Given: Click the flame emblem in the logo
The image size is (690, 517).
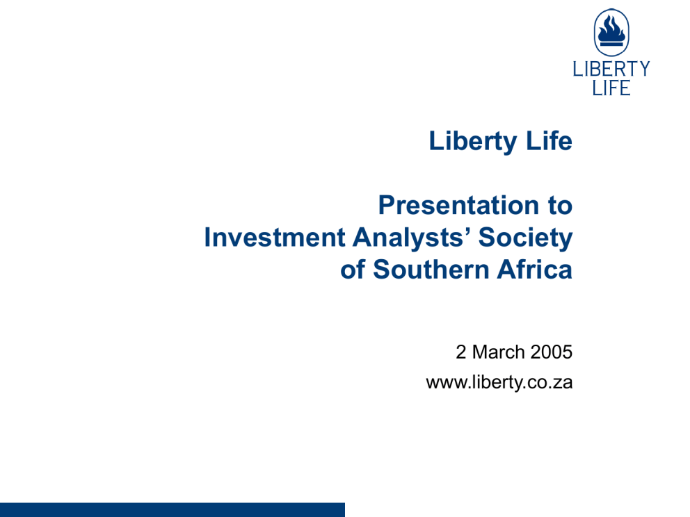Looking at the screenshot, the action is (x=611, y=32).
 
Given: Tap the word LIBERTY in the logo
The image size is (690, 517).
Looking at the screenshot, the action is (x=611, y=69).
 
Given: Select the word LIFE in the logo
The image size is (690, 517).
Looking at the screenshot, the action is (x=611, y=88).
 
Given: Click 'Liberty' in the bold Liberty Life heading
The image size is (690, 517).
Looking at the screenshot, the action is (x=473, y=141).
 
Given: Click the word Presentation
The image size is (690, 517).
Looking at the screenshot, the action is (x=458, y=205).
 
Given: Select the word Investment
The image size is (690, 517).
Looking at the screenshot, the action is (x=275, y=238).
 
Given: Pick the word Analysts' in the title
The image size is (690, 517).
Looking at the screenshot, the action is (x=412, y=238).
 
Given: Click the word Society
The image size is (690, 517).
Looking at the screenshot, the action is (x=525, y=238).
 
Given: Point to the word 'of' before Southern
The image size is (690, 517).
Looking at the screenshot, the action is (x=353, y=269).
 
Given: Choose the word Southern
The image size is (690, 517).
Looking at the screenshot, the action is (x=431, y=270).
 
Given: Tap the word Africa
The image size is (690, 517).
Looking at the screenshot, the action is (x=535, y=269).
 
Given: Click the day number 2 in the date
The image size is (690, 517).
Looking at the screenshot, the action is (x=460, y=352).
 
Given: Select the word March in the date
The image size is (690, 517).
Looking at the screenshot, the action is (x=499, y=352).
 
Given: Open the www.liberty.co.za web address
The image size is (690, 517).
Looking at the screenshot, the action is (x=499, y=382).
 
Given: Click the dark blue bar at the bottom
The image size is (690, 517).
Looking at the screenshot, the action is (x=172, y=510).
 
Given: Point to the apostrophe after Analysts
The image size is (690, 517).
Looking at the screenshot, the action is (x=468, y=231).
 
